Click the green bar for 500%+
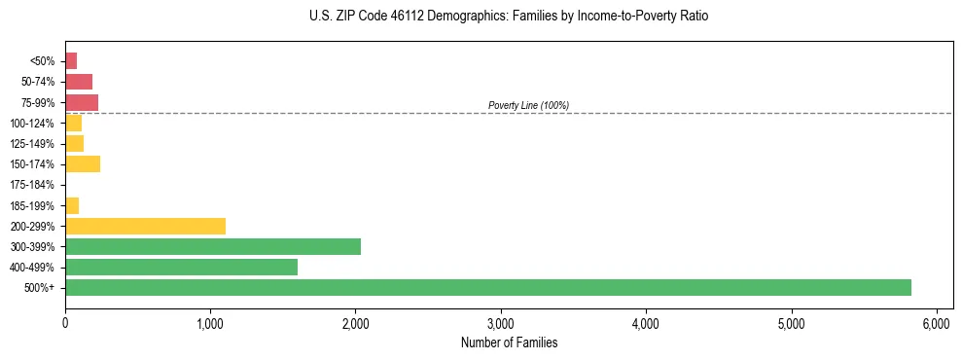[487, 287]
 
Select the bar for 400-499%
[181, 267]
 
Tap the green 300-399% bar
[212, 246]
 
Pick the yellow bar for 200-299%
[145, 226]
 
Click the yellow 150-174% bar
[83, 163]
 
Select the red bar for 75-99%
[82, 102]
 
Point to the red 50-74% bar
[79, 82]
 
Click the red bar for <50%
[71, 61]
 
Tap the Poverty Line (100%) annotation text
[528, 105]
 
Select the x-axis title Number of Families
[509, 342]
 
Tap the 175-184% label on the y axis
[32, 185]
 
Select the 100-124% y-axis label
[32, 124]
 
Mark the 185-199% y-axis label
[32, 205]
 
